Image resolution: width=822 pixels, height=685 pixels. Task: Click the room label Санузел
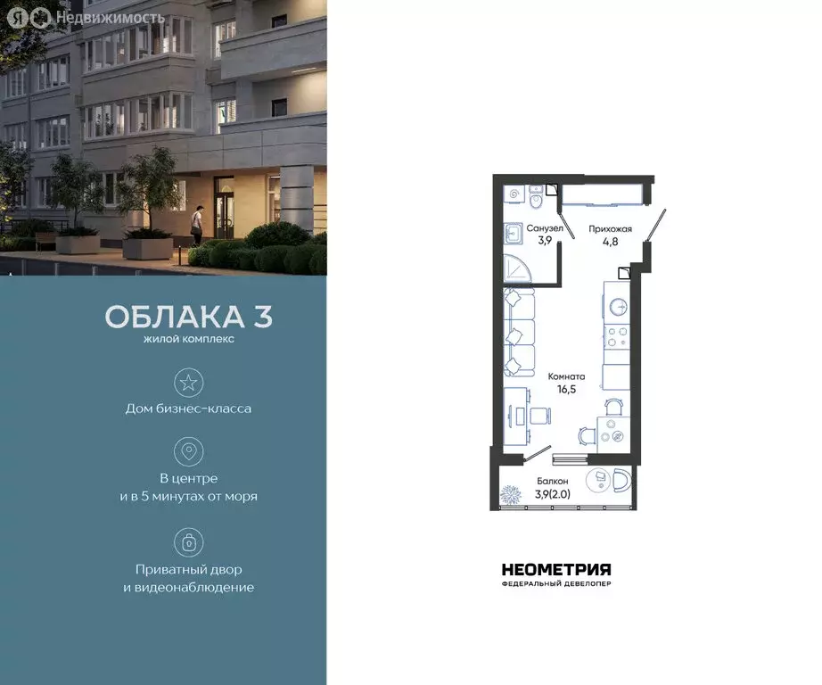pos(544,227)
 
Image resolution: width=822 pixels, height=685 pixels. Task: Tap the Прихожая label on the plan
pos(610,228)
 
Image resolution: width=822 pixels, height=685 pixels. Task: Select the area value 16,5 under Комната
pos(566,389)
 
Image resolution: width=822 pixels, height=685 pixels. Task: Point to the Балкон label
pos(552,481)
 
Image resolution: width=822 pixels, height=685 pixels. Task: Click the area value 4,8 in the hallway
pos(610,240)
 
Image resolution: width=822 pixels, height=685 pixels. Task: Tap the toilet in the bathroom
pos(536,192)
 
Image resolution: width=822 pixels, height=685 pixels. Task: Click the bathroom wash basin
pos(515,234)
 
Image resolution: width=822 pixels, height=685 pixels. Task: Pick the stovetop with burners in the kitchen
pos(617,338)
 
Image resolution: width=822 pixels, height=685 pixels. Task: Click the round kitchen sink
pos(618,306)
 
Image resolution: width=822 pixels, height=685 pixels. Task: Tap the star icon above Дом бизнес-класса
pos(189,383)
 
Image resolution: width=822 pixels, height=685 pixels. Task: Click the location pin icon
pos(189,451)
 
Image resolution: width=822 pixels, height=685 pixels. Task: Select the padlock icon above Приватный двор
pos(189,541)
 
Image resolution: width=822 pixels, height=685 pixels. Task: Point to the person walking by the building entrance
pos(200,223)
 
